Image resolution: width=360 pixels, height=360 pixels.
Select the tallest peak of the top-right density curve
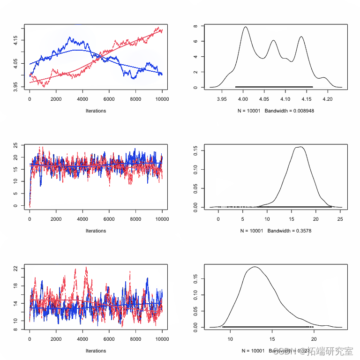245,27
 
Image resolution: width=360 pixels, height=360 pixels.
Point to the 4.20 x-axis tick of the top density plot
328,99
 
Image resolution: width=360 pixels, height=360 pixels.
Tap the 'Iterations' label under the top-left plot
96,111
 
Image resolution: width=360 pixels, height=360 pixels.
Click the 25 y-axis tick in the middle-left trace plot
15,145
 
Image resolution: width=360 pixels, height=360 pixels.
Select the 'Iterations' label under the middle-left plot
96,231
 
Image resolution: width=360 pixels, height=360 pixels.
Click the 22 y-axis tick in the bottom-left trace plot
15,269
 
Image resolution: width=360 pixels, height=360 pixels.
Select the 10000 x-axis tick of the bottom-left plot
162,339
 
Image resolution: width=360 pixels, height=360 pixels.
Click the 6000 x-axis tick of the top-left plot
109,99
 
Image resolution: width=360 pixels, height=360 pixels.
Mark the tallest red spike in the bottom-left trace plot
86,267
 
